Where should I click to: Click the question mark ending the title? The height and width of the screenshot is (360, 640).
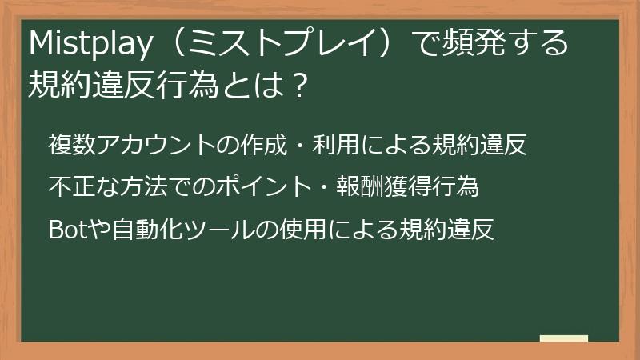coord(298,82)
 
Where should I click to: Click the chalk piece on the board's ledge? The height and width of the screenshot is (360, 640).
coord(563,338)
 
